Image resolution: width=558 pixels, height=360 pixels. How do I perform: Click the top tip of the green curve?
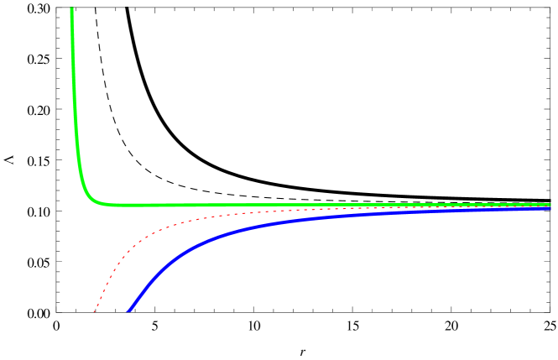(71, 9)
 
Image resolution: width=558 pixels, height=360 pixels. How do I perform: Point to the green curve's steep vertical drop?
(76, 101)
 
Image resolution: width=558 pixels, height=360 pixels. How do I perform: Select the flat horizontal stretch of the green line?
(252, 205)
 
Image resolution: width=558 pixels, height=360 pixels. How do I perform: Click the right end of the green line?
(550, 205)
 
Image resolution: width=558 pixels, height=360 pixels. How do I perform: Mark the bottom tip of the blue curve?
(128, 311)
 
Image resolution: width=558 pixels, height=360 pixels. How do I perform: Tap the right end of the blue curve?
(550, 207)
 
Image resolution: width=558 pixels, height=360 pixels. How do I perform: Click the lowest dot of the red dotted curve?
(95, 311)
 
